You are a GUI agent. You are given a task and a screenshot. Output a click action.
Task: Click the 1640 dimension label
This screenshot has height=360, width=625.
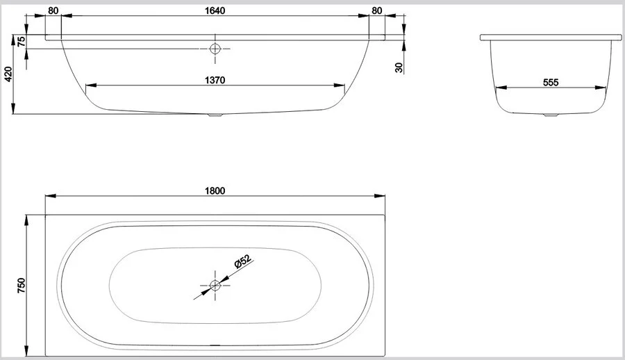215,10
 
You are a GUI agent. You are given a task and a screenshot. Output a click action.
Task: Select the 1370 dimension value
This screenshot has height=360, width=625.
215,80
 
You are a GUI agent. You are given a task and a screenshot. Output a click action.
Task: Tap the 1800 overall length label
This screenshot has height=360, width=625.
215,191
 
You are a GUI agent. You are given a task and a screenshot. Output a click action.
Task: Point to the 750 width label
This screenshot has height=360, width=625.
21,286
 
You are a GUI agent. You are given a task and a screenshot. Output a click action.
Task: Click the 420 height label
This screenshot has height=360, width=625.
8,74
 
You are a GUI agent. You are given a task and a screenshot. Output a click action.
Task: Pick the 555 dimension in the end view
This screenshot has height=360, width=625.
551,83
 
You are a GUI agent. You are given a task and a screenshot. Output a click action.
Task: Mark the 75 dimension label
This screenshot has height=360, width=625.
21,41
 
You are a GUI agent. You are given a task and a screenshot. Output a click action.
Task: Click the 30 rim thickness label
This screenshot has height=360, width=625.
399,67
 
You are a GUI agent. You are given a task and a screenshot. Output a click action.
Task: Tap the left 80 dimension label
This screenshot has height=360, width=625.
53,11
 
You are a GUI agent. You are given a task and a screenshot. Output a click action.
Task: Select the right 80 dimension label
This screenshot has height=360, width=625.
376,11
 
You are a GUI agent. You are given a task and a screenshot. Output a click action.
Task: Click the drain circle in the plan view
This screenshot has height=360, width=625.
215,286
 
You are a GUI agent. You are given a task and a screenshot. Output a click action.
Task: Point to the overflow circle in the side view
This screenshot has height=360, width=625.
215,49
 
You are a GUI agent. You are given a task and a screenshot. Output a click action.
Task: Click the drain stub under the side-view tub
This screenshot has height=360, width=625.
215,115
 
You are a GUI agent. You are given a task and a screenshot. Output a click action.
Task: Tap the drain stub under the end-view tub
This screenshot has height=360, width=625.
551,115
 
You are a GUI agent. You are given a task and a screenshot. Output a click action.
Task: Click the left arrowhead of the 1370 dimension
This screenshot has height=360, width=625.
91,85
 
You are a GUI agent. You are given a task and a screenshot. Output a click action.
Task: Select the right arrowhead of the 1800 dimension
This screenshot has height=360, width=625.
380,196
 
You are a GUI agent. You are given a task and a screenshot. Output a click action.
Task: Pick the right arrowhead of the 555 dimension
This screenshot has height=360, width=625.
601,88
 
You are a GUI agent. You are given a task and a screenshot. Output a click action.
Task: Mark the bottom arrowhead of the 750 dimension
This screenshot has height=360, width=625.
26,350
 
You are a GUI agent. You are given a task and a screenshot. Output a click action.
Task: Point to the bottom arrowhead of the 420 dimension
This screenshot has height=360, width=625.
14,108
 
